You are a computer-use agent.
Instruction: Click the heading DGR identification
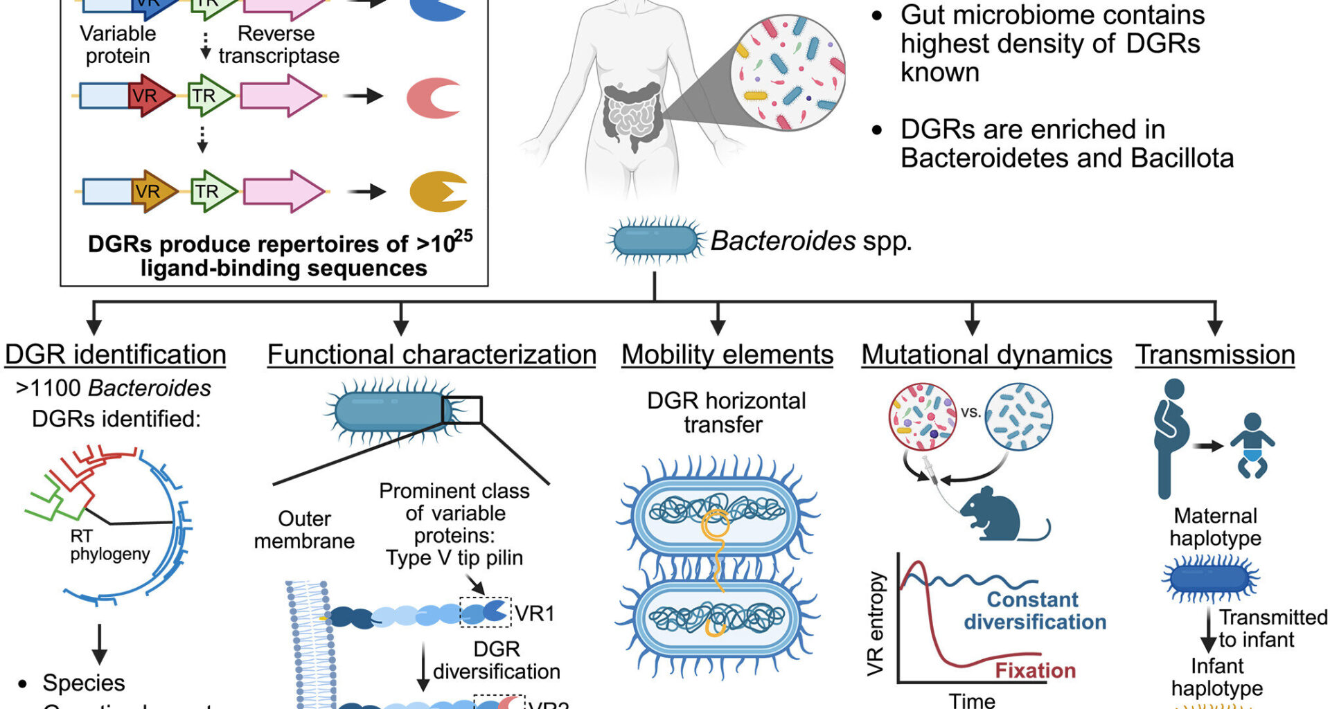pyautogui.click(x=115, y=355)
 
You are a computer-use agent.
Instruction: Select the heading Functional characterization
pyautogui.click(x=432, y=355)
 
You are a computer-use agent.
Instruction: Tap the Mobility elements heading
pyautogui.click(x=727, y=355)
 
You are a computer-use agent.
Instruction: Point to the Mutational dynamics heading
pyautogui.click(x=986, y=355)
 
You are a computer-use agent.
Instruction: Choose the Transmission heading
pyautogui.click(x=1215, y=355)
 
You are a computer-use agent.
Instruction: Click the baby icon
pyautogui.click(x=1252, y=446)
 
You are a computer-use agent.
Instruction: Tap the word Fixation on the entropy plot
pyautogui.click(x=1035, y=670)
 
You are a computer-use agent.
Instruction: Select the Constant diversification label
pyautogui.click(x=1034, y=611)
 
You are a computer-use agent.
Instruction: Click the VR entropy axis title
pyautogui.click(x=876, y=623)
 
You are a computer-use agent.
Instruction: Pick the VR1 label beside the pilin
pyautogui.click(x=534, y=613)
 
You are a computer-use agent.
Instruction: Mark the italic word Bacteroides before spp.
pyautogui.click(x=783, y=241)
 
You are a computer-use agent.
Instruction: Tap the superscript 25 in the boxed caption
pyautogui.click(x=463, y=236)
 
